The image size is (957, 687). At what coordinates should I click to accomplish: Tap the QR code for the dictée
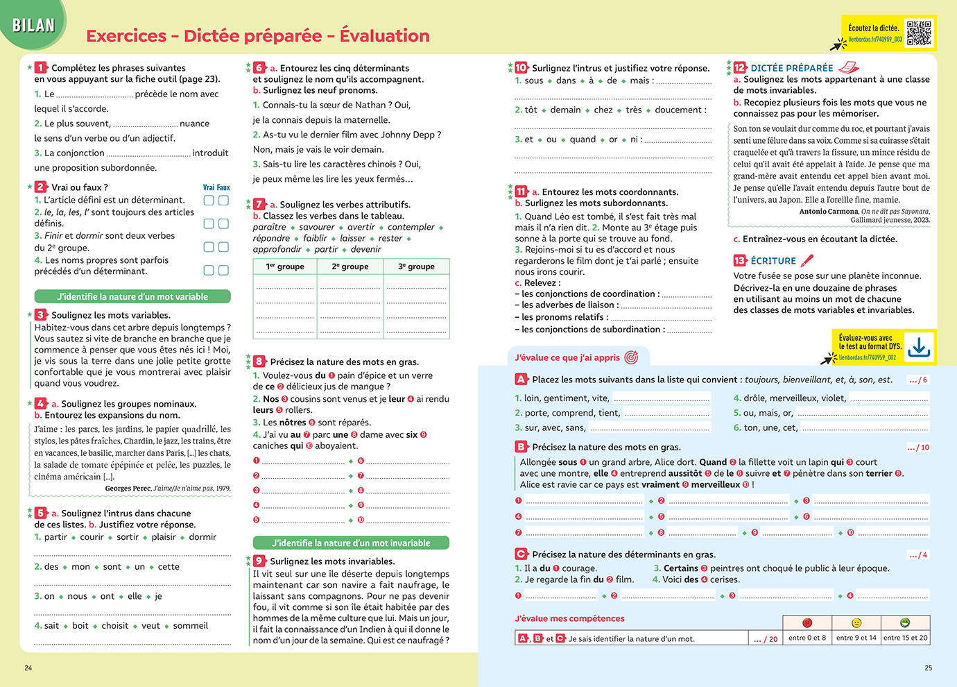(x=919, y=33)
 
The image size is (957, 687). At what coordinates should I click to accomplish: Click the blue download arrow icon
(x=919, y=346)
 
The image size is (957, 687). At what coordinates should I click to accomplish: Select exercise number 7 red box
(x=259, y=204)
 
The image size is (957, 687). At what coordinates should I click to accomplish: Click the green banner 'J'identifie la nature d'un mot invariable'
(x=351, y=543)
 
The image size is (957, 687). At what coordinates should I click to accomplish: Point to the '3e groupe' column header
(x=416, y=266)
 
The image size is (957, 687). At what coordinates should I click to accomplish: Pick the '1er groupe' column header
(x=285, y=266)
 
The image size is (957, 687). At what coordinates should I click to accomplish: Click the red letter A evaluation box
(x=521, y=380)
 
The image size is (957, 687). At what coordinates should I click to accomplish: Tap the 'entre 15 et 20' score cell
(x=905, y=638)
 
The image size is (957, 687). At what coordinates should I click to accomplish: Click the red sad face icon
(x=807, y=622)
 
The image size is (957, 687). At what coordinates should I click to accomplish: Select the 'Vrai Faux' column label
(x=216, y=187)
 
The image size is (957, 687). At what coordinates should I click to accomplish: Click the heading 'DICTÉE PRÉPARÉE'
(x=792, y=68)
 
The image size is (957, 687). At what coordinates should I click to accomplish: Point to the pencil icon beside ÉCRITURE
(x=807, y=260)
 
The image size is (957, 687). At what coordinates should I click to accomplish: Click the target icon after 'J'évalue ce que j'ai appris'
(x=631, y=357)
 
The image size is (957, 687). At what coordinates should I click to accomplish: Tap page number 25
(x=928, y=668)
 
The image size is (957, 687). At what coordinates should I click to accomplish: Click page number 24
(x=28, y=668)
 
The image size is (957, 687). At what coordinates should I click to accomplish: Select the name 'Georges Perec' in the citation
(x=128, y=489)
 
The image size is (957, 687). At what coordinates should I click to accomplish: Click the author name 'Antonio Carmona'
(x=829, y=212)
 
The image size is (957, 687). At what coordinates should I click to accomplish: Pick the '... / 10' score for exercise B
(x=918, y=448)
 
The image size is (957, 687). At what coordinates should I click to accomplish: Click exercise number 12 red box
(x=740, y=67)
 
